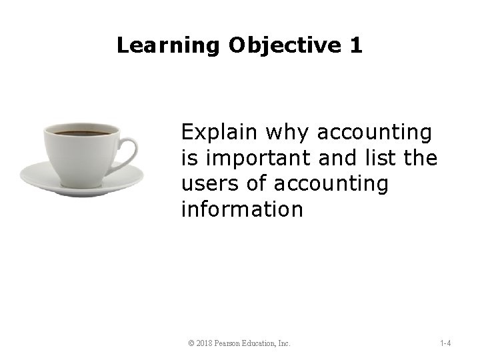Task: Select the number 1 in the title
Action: click(x=355, y=45)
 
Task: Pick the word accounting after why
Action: click(x=375, y=133)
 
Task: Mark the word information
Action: click(x=242, y=210)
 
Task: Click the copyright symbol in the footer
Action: click(x=191, y=344)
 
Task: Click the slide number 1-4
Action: click(x=445, y=344)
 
